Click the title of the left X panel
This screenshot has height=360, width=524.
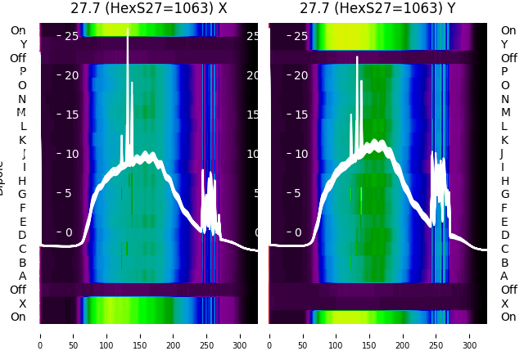(x=148, y=9)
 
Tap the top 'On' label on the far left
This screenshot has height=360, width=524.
(x=18, y=30)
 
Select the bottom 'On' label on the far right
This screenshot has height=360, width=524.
(x=508, y=317)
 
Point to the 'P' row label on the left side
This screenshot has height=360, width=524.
(x=23, y=71)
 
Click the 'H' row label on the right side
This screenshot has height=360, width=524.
(x=505, y=181)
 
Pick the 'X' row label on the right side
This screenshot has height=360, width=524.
(x=505, y=303)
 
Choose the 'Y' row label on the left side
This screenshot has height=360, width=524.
(x=23, y=44)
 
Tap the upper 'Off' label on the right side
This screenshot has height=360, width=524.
(x=508, y=58)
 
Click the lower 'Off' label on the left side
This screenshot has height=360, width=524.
(x=18, y=290)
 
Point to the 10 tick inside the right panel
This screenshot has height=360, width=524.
(x=300, y=154)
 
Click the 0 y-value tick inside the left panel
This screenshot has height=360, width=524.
(x=69, y=232)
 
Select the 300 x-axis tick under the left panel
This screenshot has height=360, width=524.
(x=241, y=335)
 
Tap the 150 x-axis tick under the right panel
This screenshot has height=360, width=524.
(x=369, y=335)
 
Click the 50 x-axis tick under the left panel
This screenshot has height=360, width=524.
(x=73, y=335)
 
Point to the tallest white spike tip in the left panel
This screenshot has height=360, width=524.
(x=128, y=29)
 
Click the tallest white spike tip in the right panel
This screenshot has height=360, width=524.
(x=357, y=57)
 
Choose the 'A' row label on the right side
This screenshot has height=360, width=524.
(x=505, y=276)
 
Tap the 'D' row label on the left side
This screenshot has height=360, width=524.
(x=23, y=235)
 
